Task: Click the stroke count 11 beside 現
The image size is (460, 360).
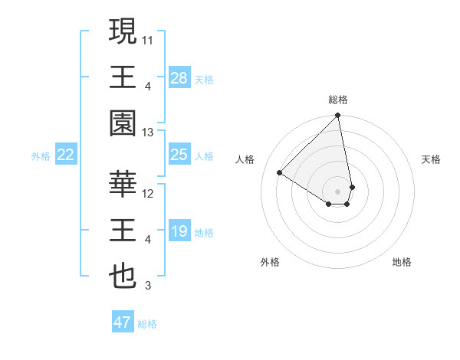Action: (x=149, y=38)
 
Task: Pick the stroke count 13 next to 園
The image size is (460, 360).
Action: (x=149, y=133)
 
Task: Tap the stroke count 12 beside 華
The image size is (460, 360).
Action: (x=149, y=193)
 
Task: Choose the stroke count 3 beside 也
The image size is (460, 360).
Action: (x=149, y=286)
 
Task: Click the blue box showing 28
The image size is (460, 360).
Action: (x=179, y=77)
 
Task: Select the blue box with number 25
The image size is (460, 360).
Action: (x=179, y=155)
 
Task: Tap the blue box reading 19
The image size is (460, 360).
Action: (x=179, y=231)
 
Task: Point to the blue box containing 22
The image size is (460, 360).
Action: (x=66, y=155)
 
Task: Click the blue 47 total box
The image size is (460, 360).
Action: (x=123, y=322)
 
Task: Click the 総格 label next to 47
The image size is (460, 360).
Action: (x=147, y=324)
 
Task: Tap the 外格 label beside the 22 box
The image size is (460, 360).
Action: (x=41, y=156)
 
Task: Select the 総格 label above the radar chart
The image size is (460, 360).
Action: (x=338, y=100)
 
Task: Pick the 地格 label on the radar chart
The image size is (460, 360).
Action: (x=402, y=262)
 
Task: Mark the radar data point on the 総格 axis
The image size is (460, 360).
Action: (x=337, y=116)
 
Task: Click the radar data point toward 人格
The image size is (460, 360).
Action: (x=280, y=172)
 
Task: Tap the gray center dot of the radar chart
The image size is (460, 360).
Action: (x=337, y=191)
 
